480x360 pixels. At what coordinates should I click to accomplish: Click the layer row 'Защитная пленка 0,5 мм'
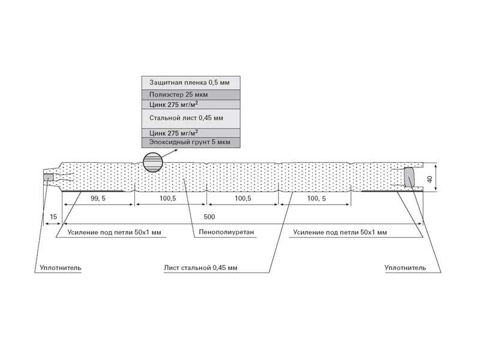pyautogui.click(x=191, y=83)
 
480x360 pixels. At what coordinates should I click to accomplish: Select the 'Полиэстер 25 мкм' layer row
pyautogui.click(x=191, y=95)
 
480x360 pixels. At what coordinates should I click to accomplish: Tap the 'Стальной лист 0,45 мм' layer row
pyautogui.click(x=191, y=118)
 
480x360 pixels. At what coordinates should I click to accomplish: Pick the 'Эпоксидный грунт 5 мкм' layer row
pyautogui.click(x=191, y=142)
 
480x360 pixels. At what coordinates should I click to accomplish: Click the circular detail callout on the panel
pyautogui.click(x=153, y=162)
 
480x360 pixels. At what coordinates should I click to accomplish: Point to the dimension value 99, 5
pyautogui.click(x=98, y=199)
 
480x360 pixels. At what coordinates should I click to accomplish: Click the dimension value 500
pyautogui.click(x=209, y=217)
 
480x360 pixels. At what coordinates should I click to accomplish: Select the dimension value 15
pyautogui.click(x=53, y=217)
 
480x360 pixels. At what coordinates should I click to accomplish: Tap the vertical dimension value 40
pyautogui.click(x=430, y=179)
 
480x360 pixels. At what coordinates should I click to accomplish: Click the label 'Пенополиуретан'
pyautogui.click(x=227, y=232)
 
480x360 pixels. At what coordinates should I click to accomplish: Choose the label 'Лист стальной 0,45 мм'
pyautogui.click(x=200, y=268)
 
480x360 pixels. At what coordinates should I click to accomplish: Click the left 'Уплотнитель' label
pyautogui.click(x=61, y=268)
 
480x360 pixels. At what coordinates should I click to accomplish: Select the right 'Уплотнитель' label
pyautogui.click(x=406, y=268)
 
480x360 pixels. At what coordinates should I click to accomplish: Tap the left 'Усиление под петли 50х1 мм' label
pyautogui.click(x=114, y=232)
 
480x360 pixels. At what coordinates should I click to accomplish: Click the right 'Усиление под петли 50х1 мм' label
pyautogui.click(x=340, y=232)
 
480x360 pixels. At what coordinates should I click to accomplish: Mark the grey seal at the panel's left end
pyautogui.click(x=49, y=178)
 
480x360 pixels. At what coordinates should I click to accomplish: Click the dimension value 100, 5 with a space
pyautogui.click(x=317, y=199)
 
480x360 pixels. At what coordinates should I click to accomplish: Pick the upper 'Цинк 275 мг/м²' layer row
pyautogui.click(x=191, y=104)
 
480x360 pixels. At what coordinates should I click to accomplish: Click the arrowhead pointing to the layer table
pyautogui.click(x=175, y=150)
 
